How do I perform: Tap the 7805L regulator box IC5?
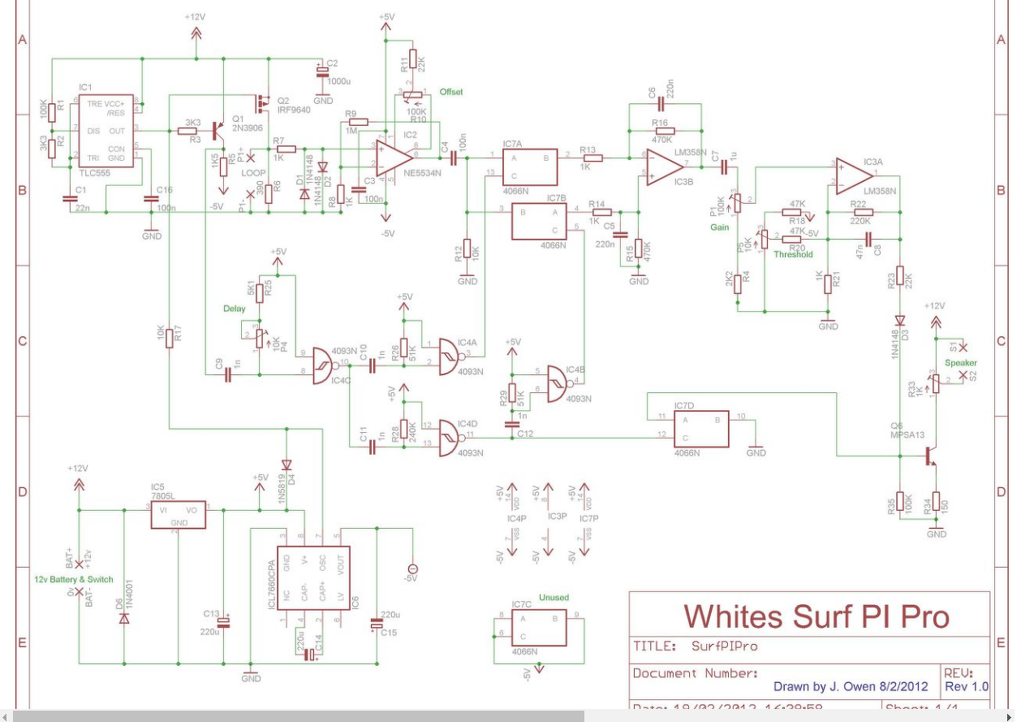tap(178, 513)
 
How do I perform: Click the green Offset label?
tap(451, 92)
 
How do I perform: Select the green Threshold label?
tap(793, 254)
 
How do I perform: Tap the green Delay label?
tap(234, 309)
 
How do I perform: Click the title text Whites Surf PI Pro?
tap(816, 616)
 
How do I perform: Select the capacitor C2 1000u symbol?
tap(323, 73)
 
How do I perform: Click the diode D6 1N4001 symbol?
tap(123, 618)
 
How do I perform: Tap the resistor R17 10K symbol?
tap(170, 338)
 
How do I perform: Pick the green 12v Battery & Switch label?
tap(74, 580)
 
